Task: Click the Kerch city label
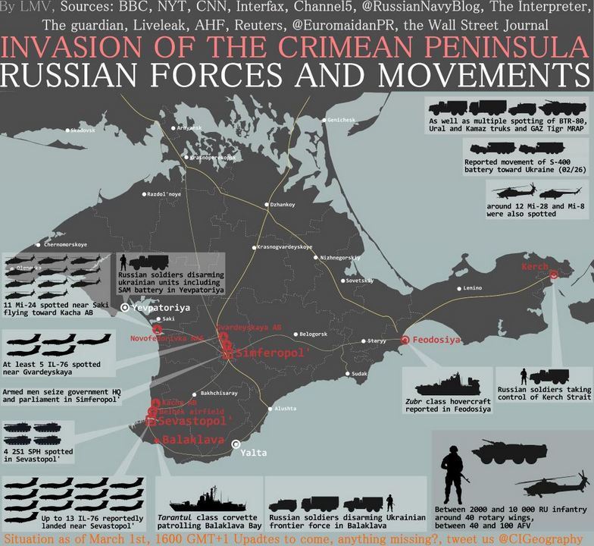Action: (x=535, y=268)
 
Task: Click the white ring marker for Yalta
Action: (x=237, y=444)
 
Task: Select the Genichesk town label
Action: (x=340, y=120)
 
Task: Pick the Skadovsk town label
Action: (x=83, y=130)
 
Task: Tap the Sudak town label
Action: (x=358, y=374)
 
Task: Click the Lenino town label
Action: (x=472, y=288)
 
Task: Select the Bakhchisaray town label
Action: (x=219, y=394)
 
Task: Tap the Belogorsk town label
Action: (x=313, y=334)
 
